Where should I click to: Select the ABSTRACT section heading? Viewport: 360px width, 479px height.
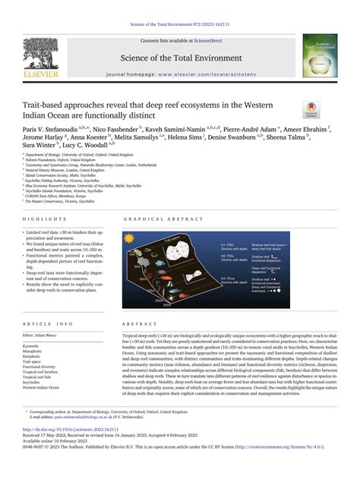tap(138, 323)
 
